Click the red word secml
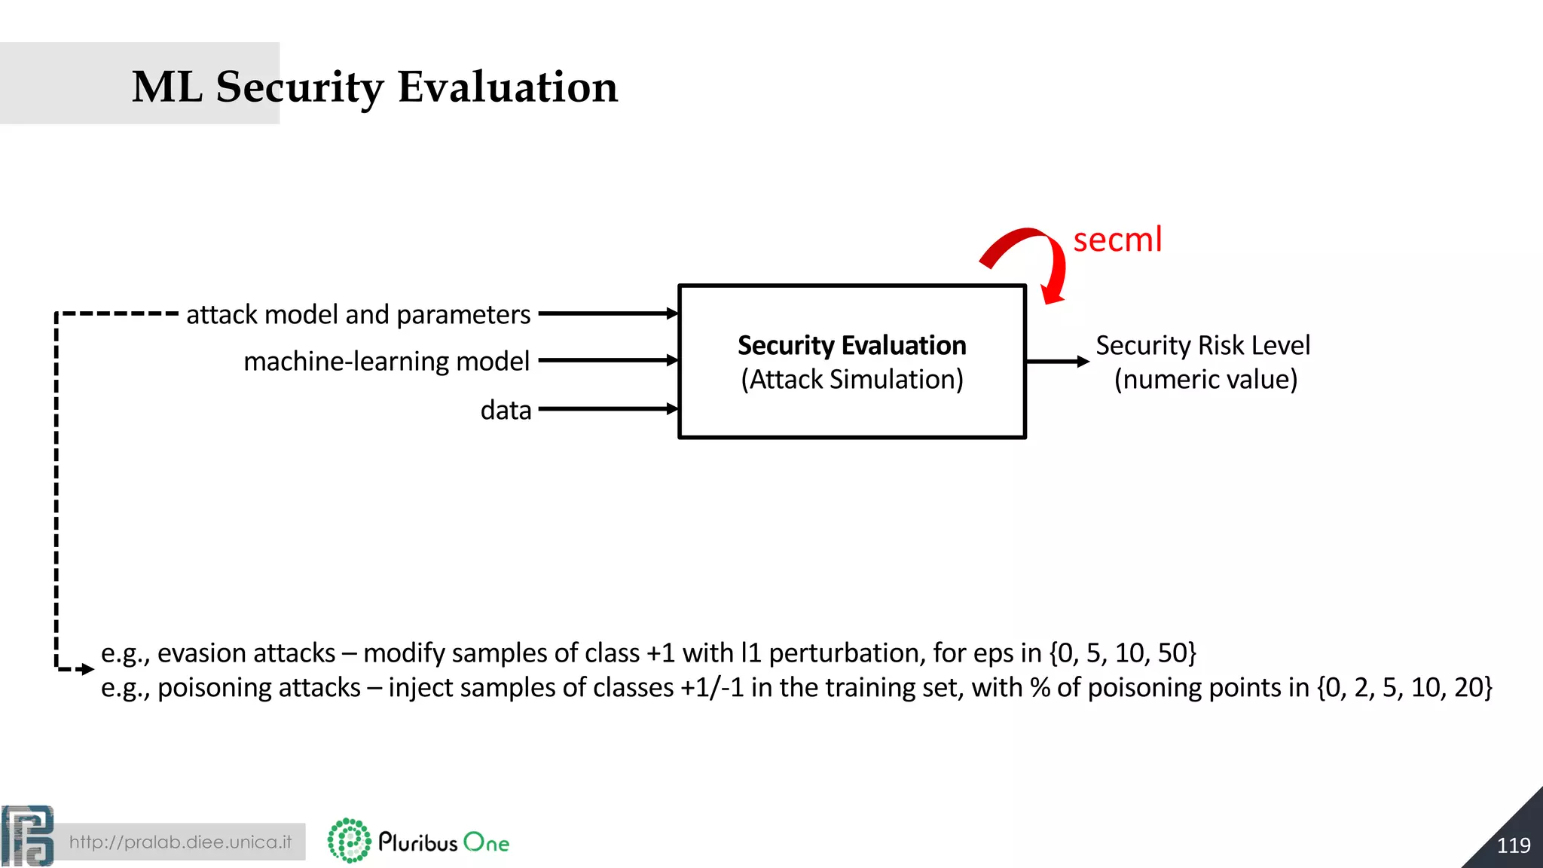click(x=1117, y=240)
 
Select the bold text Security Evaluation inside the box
click(x=851, y=345)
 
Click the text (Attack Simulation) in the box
click(x=851, y=379)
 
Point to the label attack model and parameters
click(x=358, y=314)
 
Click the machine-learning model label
click(x=387, y=361)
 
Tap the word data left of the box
click(x=506, y=410)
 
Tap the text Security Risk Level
click(x=1202, y=345)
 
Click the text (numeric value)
click(x=1205, y=379)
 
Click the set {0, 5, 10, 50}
click(x=1122, y=653)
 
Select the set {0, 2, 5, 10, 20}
click(x=1404, y=687)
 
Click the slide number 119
click(x=1513, y=845)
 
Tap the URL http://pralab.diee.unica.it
click(x=180, y=842)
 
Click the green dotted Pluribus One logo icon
click(x=349, y=840)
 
